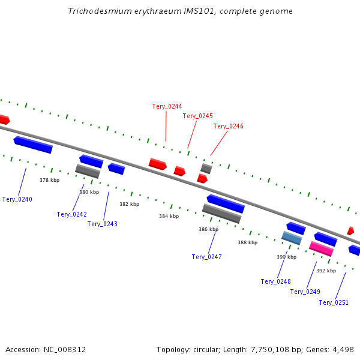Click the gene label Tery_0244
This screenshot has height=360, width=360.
[167, 106]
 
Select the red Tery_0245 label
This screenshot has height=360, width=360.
[197, 116]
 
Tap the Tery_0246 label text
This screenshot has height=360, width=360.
[228, 126]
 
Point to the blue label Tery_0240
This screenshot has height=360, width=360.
[17, 199]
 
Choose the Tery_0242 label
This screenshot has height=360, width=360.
[72, 214]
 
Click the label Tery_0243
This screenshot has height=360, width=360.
[102, 224]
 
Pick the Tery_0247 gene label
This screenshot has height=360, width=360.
[206, 257]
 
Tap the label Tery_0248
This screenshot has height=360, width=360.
[275, 281]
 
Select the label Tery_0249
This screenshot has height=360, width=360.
[305, 292]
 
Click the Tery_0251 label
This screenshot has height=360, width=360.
[334, 302]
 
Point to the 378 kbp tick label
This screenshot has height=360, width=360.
[50, 180]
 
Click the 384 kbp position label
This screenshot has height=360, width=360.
[169, 216]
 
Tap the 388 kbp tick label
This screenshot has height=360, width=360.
[247, 242]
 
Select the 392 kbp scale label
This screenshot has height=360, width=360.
[326, 271]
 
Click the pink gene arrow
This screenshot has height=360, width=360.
[321, 248]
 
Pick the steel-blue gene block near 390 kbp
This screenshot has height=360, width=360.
[292, 238]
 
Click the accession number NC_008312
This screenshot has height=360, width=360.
[65, 349]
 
